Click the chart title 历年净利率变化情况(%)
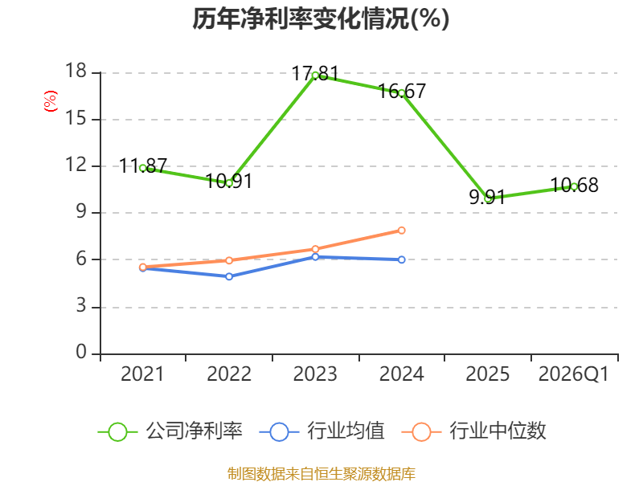321,18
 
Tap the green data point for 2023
315,76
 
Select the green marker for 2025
488,198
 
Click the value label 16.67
402,91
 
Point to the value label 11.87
143,166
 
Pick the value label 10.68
574,186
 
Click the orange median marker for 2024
401,231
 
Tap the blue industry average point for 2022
229,276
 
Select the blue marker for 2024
401,259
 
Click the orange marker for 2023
315,249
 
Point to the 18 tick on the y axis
76,71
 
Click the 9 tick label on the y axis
82,212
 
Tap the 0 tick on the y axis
82,353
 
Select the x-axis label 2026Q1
574,374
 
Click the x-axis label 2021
142,374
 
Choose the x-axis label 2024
401,374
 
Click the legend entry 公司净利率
170,431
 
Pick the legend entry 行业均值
322,431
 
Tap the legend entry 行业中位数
474,431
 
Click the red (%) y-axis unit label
51,101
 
